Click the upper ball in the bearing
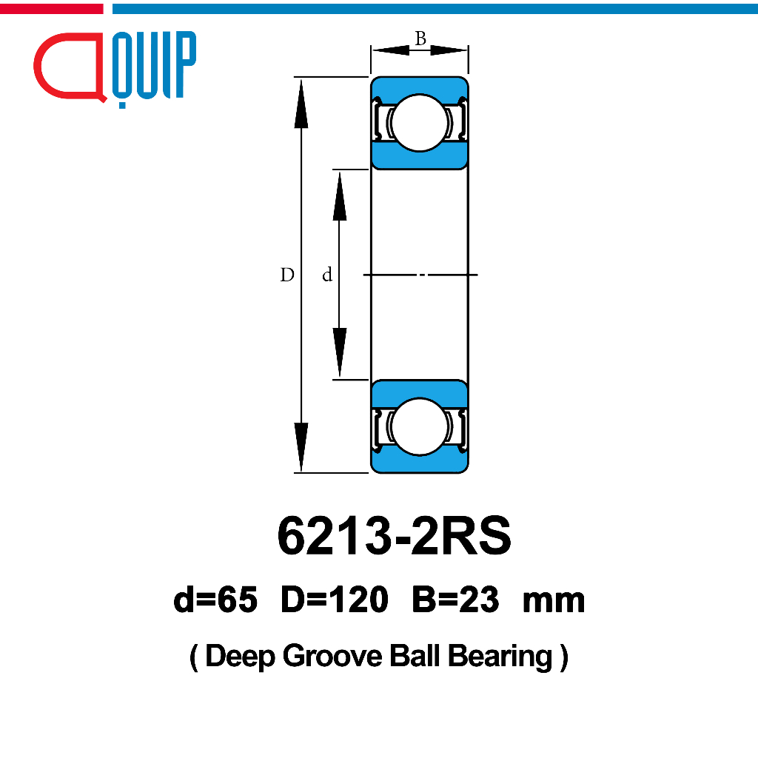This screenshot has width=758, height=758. (419, 123)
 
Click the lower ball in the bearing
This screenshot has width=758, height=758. (419, 426)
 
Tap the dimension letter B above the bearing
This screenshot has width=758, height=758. (420, 38)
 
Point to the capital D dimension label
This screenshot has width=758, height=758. (287, 275)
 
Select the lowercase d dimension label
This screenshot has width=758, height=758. (327, 275)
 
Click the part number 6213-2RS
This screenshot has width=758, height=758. (394, 536)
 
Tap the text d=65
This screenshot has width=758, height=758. (215, 600)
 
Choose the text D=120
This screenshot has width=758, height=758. (335, 600)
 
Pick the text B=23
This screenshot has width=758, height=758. (455, 600)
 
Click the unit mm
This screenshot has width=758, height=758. (554, 603)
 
